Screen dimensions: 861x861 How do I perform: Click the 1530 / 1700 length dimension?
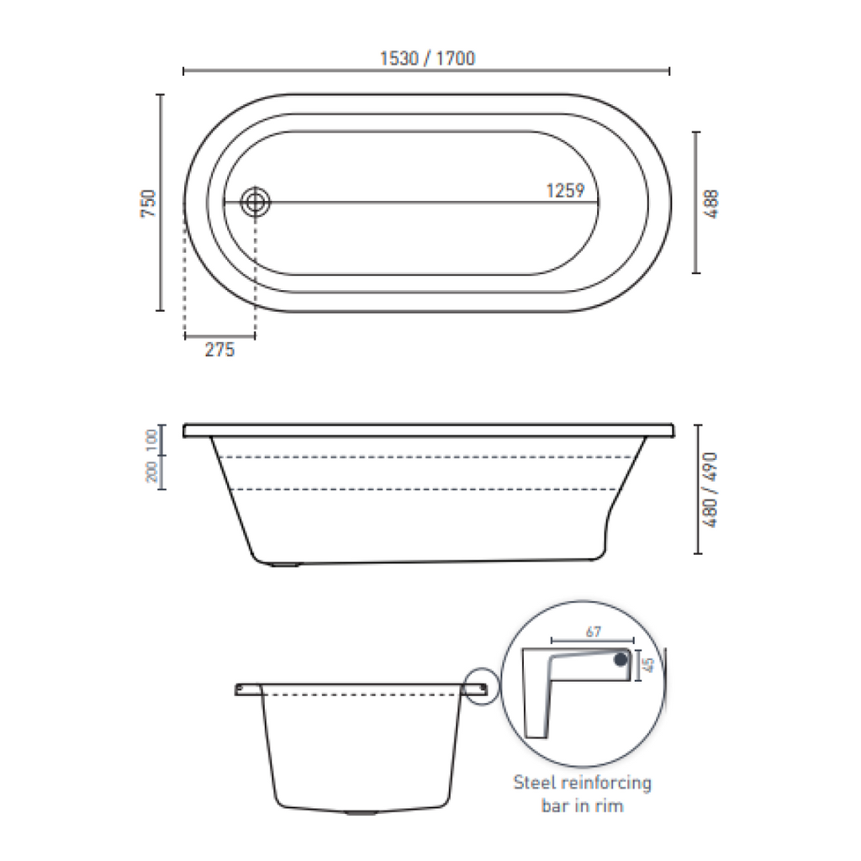pos(427,58)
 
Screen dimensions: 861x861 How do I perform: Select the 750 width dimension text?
pos(148,204)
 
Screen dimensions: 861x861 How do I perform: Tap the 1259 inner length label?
pos(565,191)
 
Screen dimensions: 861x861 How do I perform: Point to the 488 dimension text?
pos(712,203)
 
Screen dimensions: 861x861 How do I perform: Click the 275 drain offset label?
pos(219,351)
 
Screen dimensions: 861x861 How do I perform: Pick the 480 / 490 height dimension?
pos(712,489)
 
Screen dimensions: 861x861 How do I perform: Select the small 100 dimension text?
pos(152,438)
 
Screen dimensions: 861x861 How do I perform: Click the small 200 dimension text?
pos(152,473)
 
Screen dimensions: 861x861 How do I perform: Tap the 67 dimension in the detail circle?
pos(593,632)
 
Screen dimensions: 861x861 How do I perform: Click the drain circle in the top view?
pos(255,202)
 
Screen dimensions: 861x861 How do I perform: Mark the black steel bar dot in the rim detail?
pos(621,661)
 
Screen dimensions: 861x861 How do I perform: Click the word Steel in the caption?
pos(534,783)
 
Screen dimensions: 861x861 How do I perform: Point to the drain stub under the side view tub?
pos(287,565)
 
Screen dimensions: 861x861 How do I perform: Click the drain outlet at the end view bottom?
pos(362,813)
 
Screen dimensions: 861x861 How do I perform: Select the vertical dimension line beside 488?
pos(695,203)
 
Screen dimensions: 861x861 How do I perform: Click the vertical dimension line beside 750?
pos(160,203)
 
